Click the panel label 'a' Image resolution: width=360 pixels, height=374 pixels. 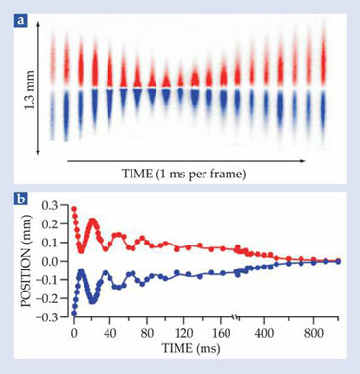pos(21,21)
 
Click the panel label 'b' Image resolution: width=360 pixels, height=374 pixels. pos(21,199)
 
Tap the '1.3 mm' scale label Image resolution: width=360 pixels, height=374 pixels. pos(30,92)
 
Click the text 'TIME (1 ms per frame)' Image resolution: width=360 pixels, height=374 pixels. pos(184,174)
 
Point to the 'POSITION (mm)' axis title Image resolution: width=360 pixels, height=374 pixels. pos(27,261)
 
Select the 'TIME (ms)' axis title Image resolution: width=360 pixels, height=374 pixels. pos(191,347)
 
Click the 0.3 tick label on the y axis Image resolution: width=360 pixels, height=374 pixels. pos(51,205)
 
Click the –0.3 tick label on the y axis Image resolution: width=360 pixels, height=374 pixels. pos(48,316)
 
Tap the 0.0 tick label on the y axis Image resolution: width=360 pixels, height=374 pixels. pos(51,261)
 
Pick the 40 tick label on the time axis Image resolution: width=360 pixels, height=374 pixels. pos(110,333)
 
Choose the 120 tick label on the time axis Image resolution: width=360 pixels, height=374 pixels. pos(183,333)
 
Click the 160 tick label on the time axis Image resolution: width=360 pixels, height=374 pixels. pos(221,333)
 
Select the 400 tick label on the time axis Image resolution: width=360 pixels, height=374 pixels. pos(264,333)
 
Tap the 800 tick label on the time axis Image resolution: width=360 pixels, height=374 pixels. pos(313,333)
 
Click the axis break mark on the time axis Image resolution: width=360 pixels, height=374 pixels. pos(236,317)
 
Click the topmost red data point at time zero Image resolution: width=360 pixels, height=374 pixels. pos(74,209)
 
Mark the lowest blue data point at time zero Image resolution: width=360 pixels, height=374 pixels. pos(74,314)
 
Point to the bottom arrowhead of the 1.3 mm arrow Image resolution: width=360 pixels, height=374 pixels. pos(38,152)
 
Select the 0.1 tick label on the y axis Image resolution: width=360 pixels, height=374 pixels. pos(51,243)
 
